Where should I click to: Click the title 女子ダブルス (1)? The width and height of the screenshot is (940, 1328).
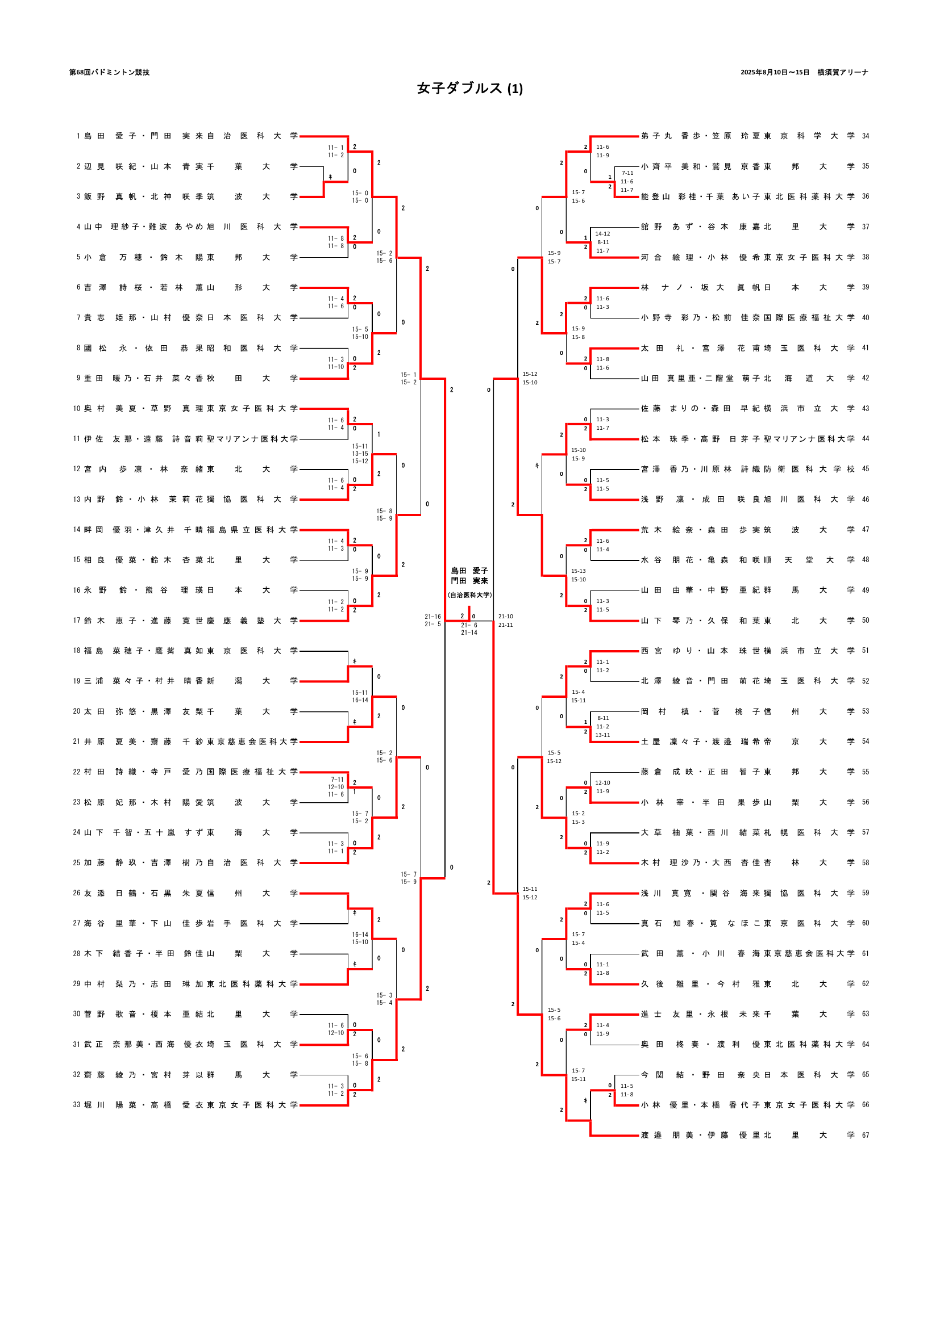point(469,88)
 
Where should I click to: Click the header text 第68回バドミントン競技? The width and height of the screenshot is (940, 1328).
point(109,72)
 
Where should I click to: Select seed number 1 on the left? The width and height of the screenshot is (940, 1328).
point(78,136)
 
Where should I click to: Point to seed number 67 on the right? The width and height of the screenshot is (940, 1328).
point(866,1136)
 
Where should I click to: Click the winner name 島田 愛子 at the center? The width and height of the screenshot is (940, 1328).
point(469,571)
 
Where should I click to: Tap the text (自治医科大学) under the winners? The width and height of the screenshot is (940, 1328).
point(469,594)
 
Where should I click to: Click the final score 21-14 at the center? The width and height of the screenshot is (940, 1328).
point(469,632)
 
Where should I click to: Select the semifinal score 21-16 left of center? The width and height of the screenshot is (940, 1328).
point(432,617)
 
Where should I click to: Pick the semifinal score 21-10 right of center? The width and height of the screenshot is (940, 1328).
point(505,617)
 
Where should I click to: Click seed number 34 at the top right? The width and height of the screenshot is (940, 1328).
point(866,136)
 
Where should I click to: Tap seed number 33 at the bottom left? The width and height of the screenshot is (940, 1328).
point(76,1105)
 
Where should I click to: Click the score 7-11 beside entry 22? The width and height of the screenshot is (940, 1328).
point(337,780)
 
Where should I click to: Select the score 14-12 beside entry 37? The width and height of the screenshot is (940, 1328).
point(602,234)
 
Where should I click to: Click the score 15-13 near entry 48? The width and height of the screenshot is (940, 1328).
point(578,571)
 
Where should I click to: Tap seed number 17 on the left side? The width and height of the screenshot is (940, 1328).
point(76,621)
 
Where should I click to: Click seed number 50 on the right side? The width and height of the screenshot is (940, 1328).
point(866,621)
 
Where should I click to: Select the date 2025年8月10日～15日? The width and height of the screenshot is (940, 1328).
point(775,72)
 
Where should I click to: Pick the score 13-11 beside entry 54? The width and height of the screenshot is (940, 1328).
point(602,735)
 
